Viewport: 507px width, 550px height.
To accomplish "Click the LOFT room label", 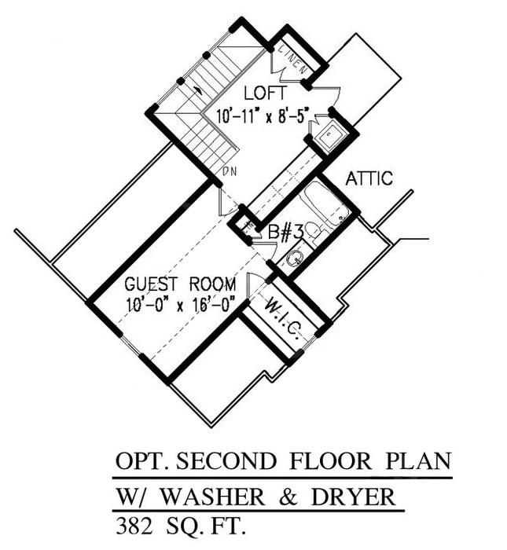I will (x=259, y=93).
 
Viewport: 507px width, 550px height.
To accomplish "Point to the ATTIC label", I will (x=369, y=179).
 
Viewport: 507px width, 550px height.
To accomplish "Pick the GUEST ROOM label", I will (x=179, y=284).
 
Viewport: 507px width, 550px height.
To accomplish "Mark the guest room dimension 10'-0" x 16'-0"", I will (x=180, y=304).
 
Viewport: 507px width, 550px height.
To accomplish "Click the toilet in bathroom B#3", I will (x=313, y=231).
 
